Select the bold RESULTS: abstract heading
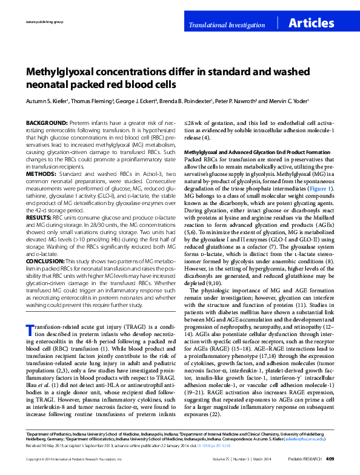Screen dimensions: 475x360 (41, 216)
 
